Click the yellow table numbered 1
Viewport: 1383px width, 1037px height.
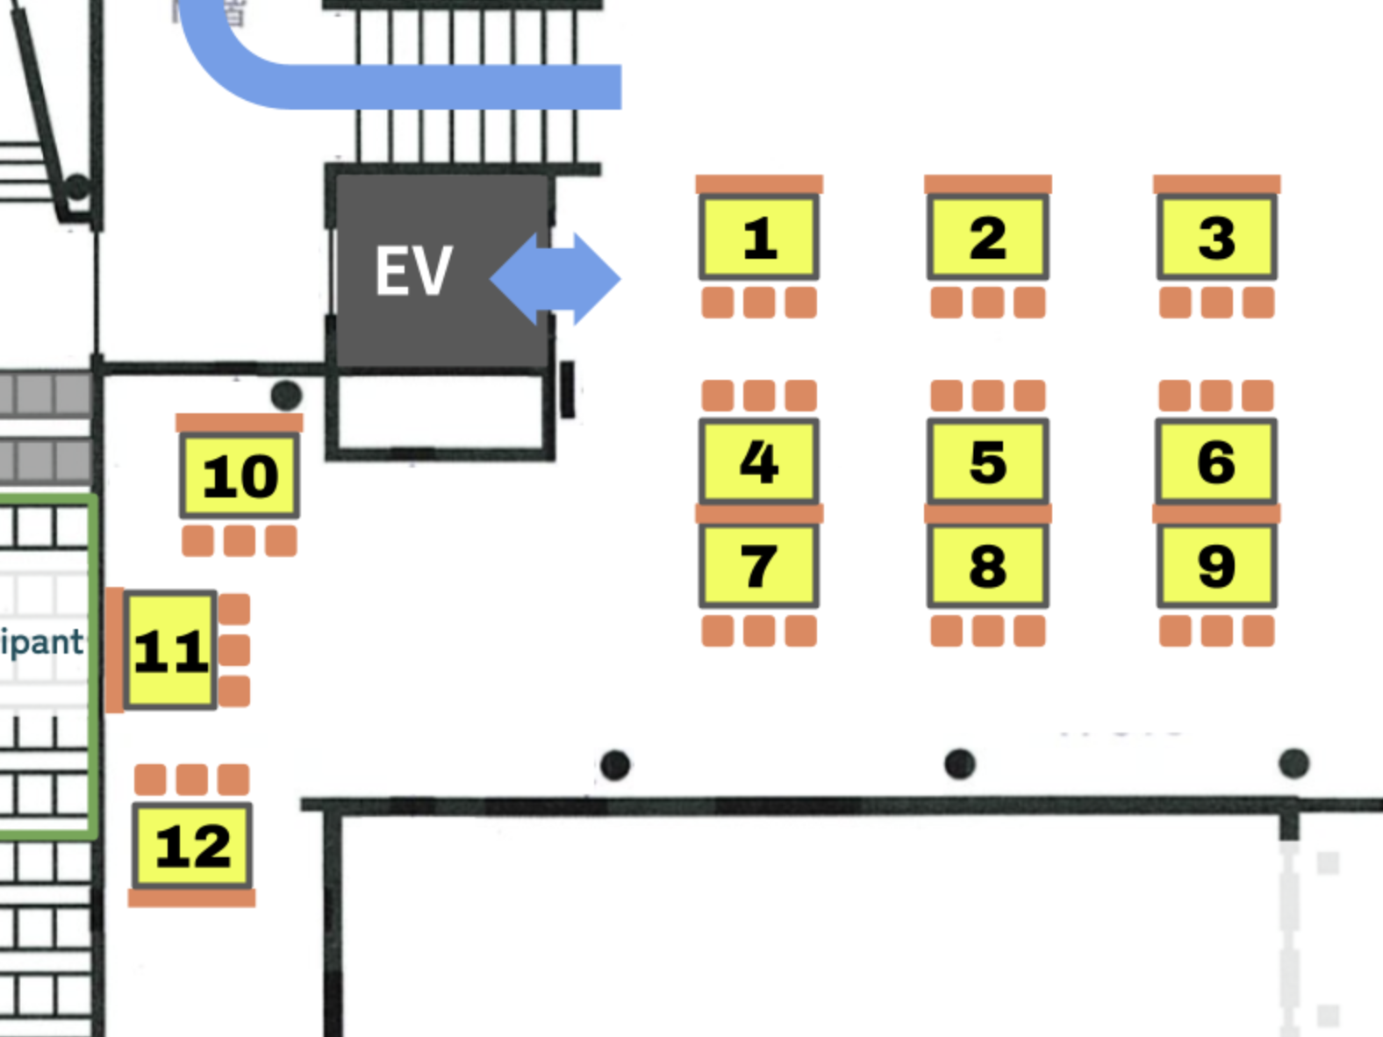click(759, 238)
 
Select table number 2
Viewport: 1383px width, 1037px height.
click(988, 238)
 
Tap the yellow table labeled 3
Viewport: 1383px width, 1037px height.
click(1216, 238)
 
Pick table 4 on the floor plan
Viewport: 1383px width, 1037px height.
click(759, 461)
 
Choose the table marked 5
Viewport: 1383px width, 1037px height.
click(988, 461)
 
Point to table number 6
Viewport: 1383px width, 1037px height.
click(1216, 461)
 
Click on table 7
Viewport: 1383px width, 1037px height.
click(759, 566)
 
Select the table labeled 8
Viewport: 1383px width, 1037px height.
click(988, 566)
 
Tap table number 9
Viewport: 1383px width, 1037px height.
click(1216, 566)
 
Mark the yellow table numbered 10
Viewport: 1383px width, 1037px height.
click(240, 476)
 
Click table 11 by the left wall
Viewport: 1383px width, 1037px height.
click(170, 650)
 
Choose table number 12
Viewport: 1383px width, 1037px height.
click(192, 846)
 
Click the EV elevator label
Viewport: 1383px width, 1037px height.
click(413, 271)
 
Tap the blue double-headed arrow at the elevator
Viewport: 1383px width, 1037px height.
click(555, 279)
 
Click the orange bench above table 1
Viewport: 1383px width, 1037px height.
click(759, 184)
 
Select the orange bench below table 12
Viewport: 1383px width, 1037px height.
click(192, 898)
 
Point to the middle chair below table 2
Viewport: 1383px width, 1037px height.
click(988, 303)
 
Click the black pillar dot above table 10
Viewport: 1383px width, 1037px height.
click(286, 395)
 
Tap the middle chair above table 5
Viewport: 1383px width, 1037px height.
click(988, 396)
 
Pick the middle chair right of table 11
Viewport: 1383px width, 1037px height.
click(234, 650)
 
